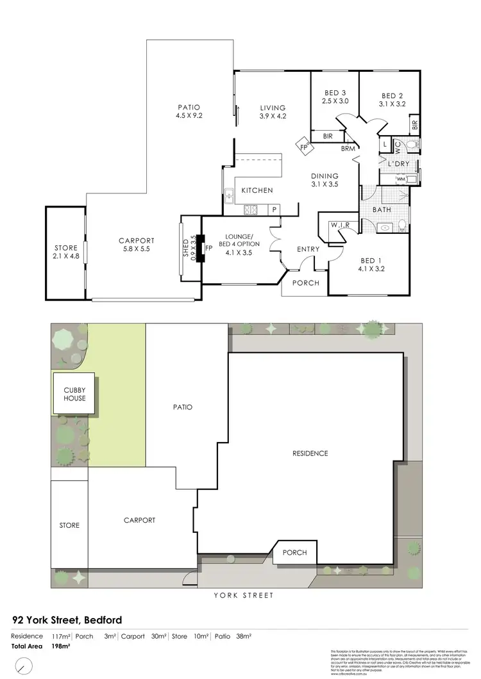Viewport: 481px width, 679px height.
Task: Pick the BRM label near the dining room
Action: (x=348, y=149)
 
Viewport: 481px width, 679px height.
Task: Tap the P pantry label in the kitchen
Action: (x=273, y=209)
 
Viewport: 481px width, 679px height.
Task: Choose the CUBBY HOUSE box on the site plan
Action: (x=73, y=393)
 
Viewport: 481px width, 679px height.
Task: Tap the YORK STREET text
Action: (x=244, y=596)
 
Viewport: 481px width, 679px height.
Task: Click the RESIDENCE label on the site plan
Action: (x=310, y=454)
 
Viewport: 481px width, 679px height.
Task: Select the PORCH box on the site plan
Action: (x=294, y=552)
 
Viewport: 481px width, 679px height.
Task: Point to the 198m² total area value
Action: (x=61, y=646)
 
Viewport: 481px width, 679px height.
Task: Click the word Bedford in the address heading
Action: (x=101, y=620)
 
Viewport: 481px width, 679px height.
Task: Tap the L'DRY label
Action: (x=398, y=163)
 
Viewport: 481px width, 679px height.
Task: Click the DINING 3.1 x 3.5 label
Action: (x=325, y=180)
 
